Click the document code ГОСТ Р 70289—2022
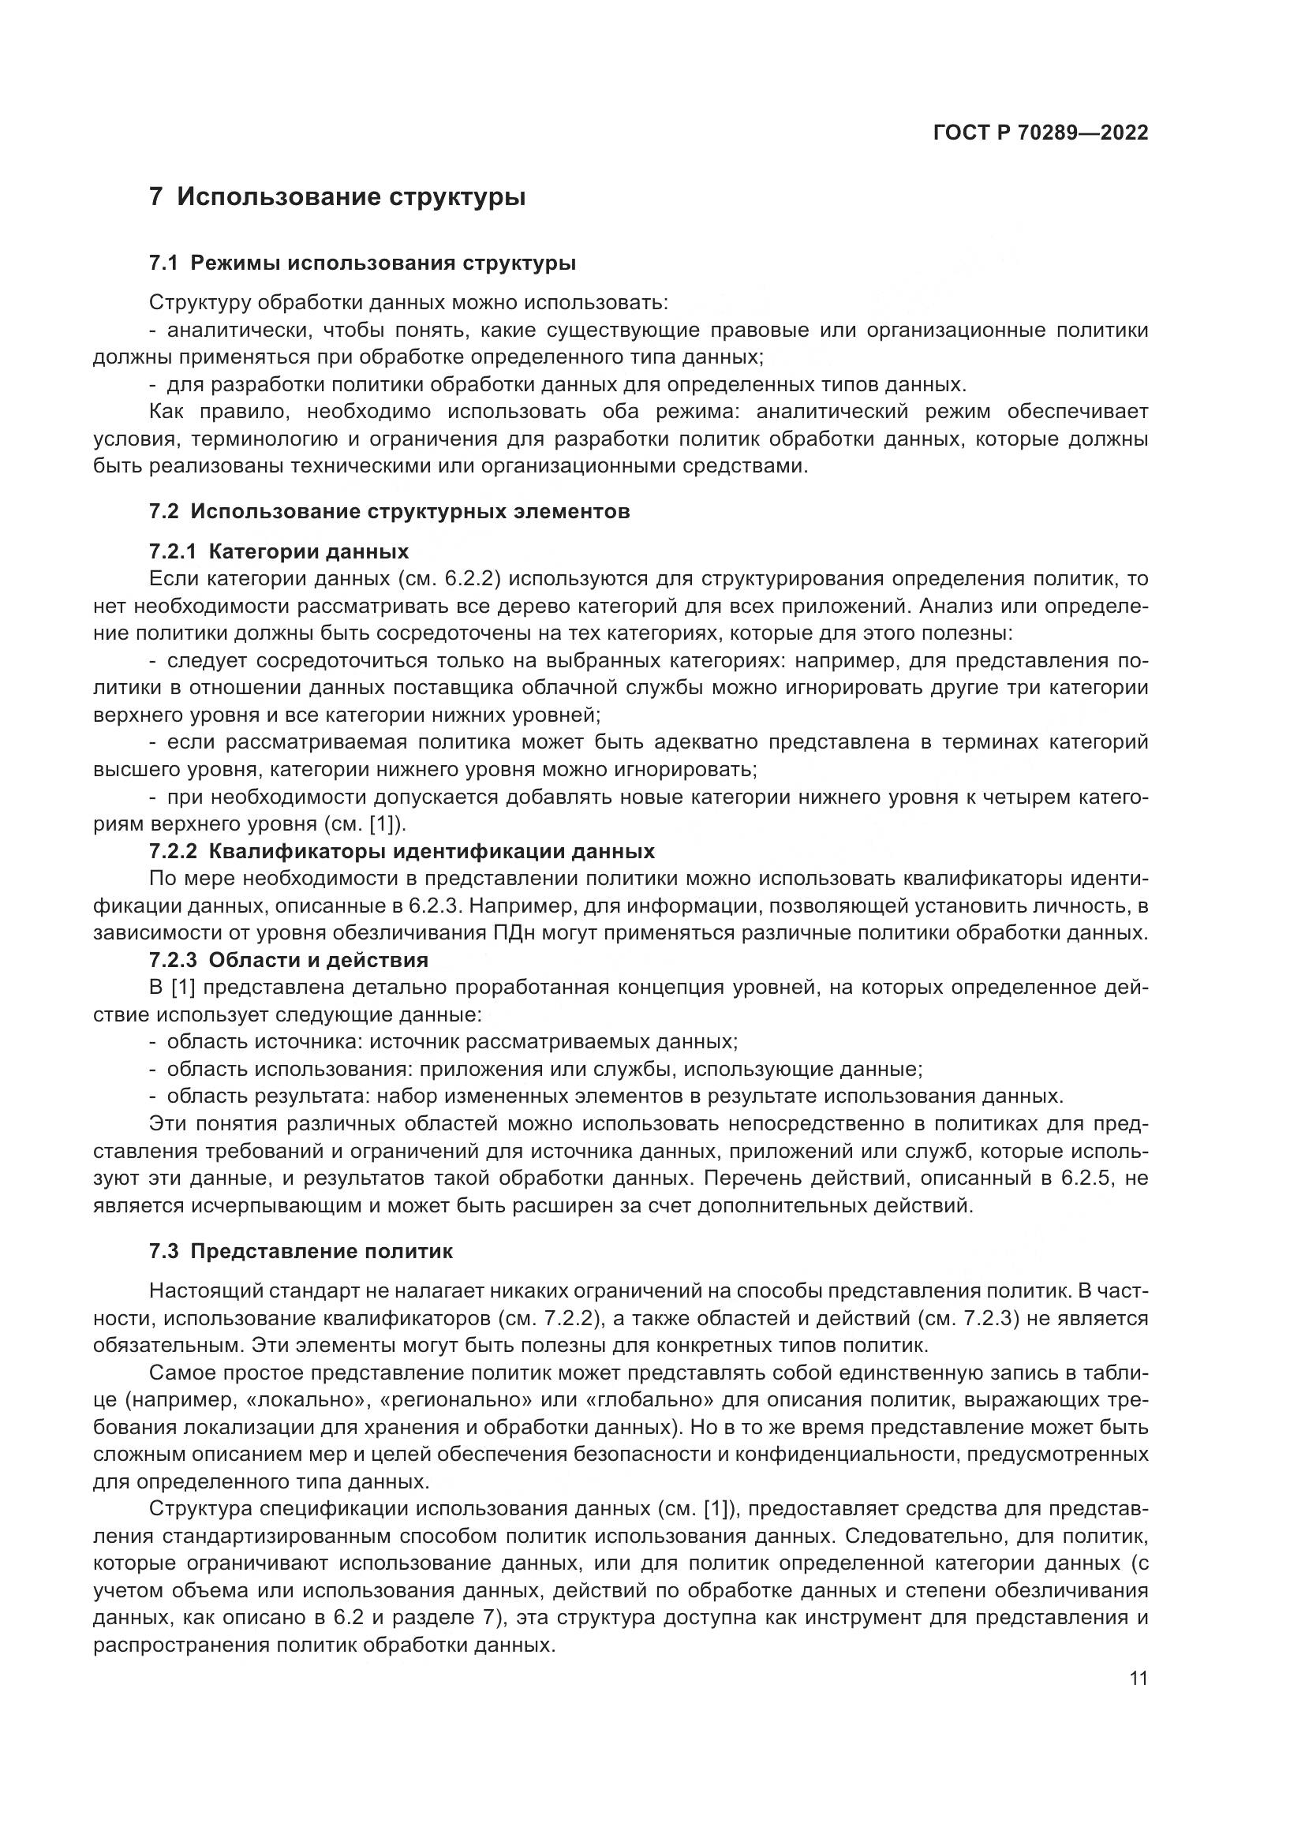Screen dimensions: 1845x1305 coord(1041,133)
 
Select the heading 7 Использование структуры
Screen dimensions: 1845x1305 coord(338,197)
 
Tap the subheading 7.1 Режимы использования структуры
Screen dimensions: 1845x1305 coord(361,263)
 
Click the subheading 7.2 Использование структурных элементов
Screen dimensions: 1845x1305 coord(389,512)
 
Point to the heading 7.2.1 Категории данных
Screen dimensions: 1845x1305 coord(279,552)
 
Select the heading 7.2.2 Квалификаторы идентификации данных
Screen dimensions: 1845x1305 coord(402,851)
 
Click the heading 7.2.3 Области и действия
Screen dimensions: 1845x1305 coord(289,960)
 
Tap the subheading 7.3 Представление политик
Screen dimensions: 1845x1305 coord(301,1252)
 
